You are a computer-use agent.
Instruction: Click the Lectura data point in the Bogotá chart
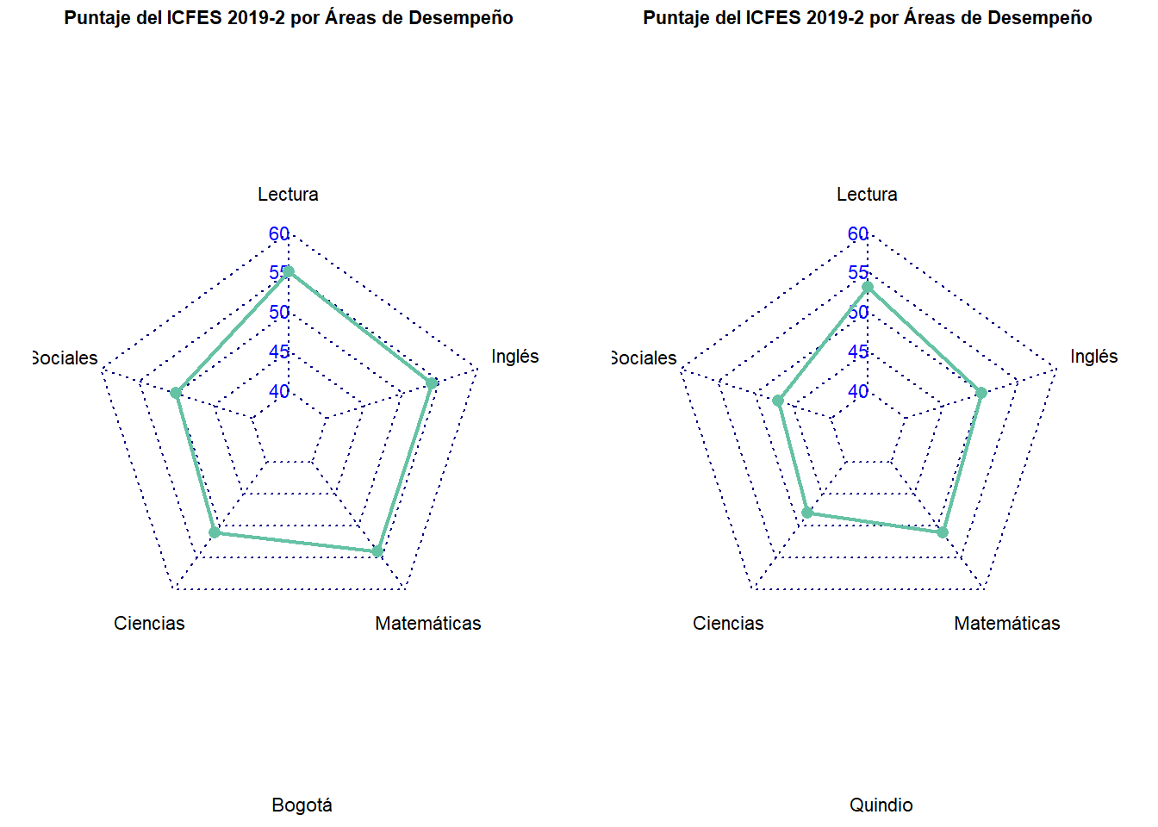(289, 271)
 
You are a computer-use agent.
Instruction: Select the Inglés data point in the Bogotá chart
(432, 382)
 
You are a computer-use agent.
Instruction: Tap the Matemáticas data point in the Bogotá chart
(377, 551)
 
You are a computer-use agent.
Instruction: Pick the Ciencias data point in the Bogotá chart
(215, 532)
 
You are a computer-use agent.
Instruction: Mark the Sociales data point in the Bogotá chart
(176, 393)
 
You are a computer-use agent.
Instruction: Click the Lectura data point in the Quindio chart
(868, 286)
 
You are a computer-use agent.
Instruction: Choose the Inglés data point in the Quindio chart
(981, 393)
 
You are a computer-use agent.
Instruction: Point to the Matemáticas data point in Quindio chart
(943, 532)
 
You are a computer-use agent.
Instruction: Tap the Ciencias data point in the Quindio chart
(807, 513)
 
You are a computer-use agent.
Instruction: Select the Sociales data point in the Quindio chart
(778, 401)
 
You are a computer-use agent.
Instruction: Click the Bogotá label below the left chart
(302, 805)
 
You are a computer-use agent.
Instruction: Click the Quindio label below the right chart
(881, 805)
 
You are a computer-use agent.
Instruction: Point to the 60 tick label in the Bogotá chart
(279, 233)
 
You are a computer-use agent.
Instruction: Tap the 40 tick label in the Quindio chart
(858, 391)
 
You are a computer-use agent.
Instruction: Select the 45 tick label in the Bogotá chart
(279, 351)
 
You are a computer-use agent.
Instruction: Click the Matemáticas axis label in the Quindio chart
(1006, 623)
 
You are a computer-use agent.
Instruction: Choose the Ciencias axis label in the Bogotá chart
(149, 623)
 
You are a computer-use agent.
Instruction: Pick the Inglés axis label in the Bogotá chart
(514, 356)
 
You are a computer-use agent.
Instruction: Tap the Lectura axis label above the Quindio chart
(867, 194)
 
